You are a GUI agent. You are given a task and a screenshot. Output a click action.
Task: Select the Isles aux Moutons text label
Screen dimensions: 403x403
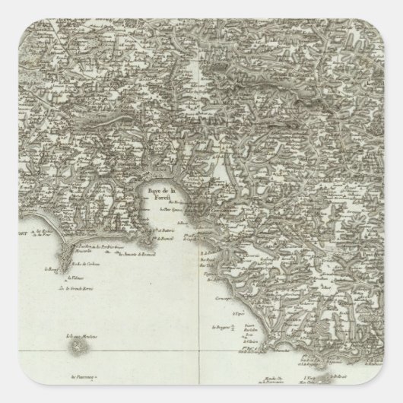click(78, 338)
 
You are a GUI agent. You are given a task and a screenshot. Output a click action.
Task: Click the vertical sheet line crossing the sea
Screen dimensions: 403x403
click(198, 319)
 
